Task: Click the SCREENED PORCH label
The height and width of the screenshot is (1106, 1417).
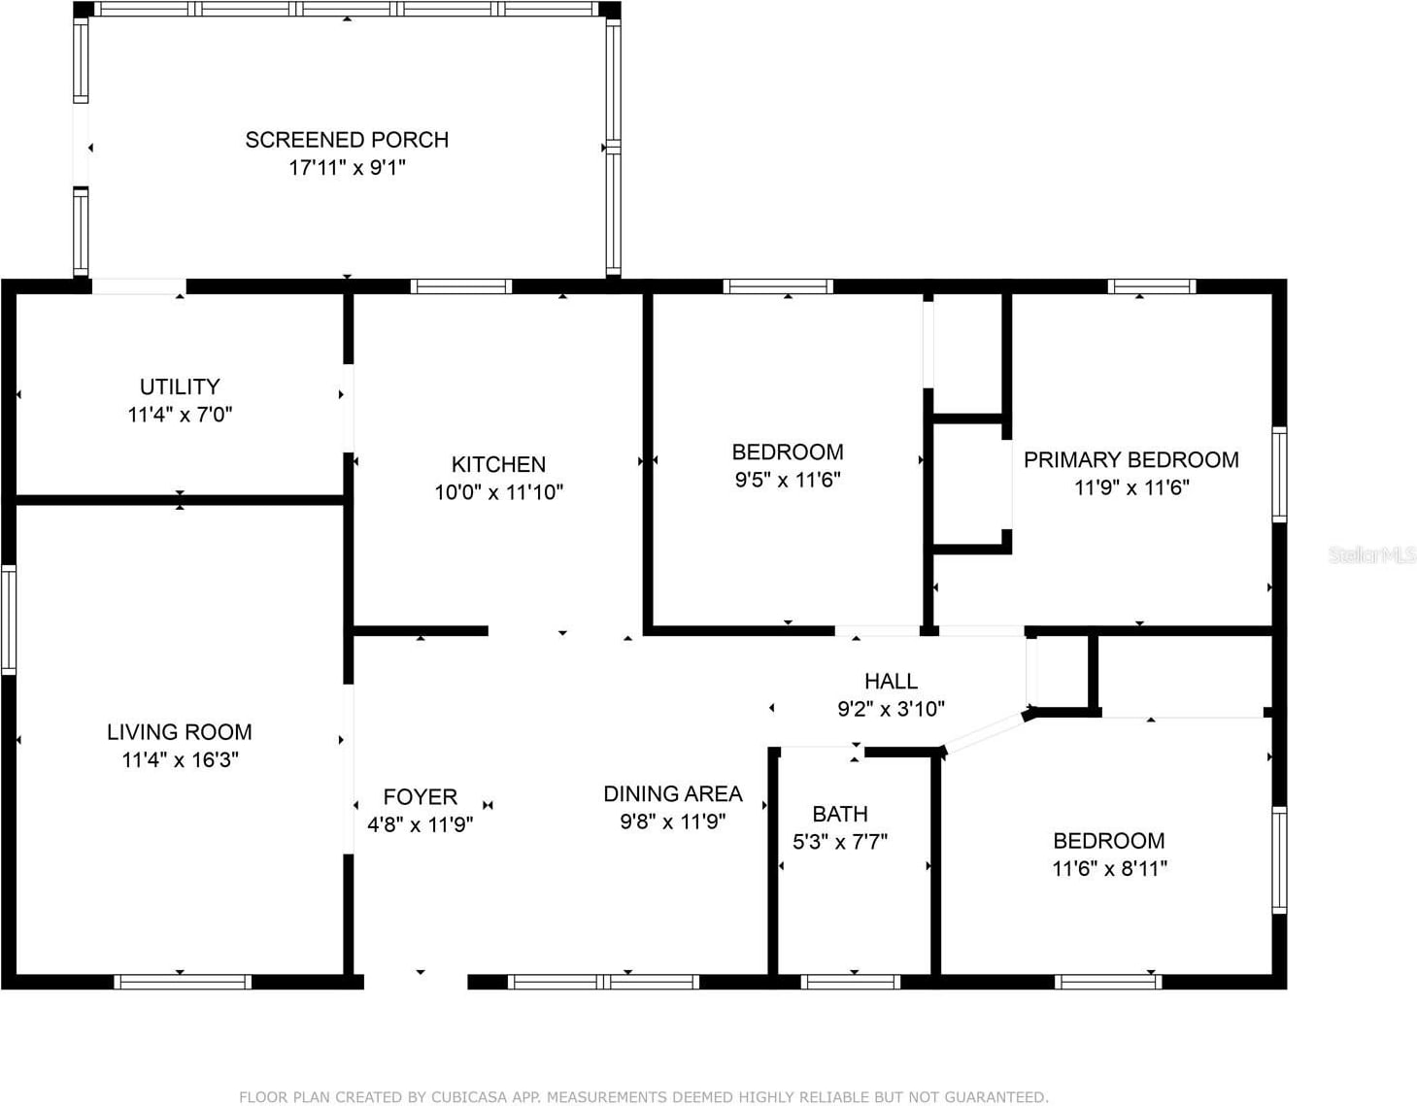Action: coord(347,140)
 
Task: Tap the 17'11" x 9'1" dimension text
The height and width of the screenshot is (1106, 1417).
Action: coord(347,167)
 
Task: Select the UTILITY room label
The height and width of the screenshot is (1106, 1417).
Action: coord(180,386)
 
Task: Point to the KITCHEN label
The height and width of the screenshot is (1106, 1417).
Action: coord(498,464)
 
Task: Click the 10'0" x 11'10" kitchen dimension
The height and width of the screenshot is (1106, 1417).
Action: coord(498,492)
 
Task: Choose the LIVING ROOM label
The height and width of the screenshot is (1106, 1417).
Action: coord(180,732)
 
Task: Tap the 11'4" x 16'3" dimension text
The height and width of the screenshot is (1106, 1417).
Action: coord(180,759)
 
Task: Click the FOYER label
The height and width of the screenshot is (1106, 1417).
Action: coord(420,797)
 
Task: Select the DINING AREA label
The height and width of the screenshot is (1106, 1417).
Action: coord(673,794)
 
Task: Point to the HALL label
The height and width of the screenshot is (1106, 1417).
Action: coord(891,682)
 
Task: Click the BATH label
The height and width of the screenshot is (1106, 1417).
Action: coord(840,814)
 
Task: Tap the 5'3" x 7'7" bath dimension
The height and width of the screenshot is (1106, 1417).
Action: coord(840,842)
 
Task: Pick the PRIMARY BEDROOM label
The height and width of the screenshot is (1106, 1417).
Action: coord(1130,460)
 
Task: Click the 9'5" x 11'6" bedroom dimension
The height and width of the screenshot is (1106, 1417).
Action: coord(788,480)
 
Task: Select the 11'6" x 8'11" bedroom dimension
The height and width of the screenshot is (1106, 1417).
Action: coord(1109,868)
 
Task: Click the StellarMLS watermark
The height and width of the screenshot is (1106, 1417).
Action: coord(1371,555)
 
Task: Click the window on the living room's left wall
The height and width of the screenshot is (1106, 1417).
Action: coord(9,620)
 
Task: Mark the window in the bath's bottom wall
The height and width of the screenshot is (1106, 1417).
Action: coord(851,982)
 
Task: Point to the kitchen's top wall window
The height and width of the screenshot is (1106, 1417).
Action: coord(461,286)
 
